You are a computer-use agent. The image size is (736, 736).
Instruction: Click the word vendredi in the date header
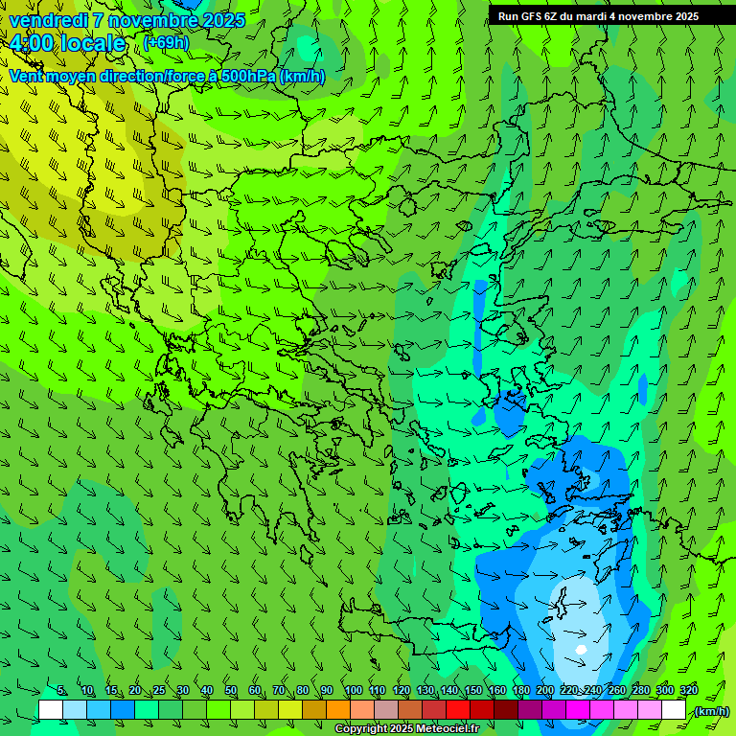coord(48,20)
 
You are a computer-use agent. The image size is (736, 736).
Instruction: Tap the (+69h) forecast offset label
coord(166,42)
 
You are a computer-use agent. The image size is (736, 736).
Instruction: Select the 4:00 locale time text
coord(67,43)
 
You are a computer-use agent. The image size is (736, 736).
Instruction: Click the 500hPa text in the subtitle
coord(251,77)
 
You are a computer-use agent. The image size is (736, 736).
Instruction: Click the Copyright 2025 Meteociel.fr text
coord(406,729)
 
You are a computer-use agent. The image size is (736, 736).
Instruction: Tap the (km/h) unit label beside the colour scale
coord(711,711)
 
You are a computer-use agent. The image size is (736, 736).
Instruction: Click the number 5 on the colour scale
coord(61,691)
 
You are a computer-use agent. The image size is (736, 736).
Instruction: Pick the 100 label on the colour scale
coord(353,691)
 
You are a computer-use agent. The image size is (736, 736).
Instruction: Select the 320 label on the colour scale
coord(688,691)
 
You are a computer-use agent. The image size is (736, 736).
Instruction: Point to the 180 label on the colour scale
coord(520,691)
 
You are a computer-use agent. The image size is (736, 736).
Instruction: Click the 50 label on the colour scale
coord(231,691)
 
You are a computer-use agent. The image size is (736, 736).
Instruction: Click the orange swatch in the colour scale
coord(338,710)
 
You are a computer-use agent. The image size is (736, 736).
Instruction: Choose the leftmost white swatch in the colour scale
coord(51,710)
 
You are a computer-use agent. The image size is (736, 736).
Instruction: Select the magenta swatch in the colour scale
coord(578,710)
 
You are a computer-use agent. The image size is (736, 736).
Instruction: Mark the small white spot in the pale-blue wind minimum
coord(580,650)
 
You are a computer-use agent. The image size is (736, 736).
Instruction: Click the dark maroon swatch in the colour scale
coord(506,710)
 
